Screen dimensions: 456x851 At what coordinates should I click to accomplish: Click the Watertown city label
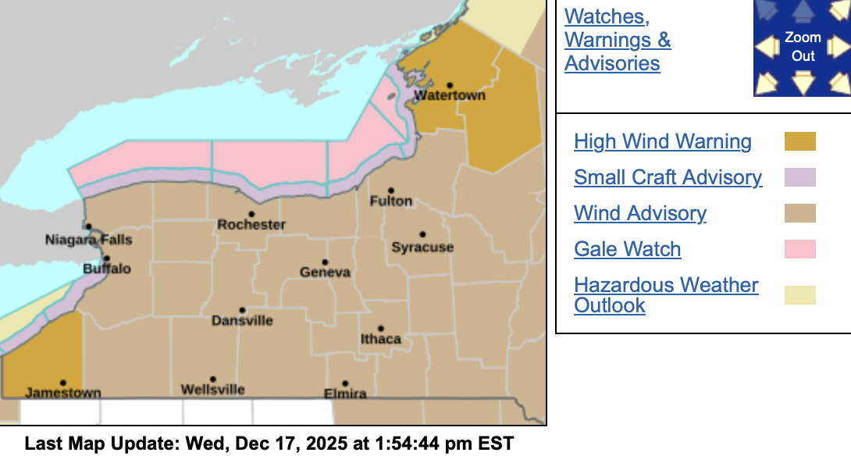click(x=449, y=95)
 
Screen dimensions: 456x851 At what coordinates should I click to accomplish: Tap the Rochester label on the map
click(x=251, y=225)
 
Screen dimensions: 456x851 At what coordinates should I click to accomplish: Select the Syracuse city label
click(x=422, y=248)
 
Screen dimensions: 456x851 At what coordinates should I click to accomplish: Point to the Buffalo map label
click(x=107, y=269)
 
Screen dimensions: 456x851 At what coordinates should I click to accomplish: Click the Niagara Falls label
click(x=88, y=240)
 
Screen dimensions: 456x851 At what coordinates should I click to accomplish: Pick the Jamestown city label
click(x=63, y=393)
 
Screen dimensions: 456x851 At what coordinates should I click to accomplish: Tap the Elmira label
click(x=344, y=394)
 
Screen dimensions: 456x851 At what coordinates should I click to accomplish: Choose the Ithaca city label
click(x=380, y=339)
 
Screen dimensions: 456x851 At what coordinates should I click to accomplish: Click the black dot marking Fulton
click(x=391, y=190)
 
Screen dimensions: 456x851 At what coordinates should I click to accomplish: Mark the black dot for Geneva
click(x=325, y=262)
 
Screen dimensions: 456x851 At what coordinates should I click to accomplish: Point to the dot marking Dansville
click(x=242, y=310)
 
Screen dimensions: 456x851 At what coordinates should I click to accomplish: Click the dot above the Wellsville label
click(x=212, y=379)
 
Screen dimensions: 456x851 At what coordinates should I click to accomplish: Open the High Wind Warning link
click(x=663, y=141)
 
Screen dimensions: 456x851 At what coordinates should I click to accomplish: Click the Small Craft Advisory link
click(x=668, y=177)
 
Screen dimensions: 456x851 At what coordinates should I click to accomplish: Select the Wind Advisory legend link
click(x=640, y=213)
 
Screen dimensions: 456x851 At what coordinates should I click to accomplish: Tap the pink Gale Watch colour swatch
click(x=799, y=249)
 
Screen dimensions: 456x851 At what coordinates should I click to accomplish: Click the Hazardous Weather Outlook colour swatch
click(x=799, y=295)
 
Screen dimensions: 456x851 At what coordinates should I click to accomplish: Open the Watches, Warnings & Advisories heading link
click(x=617, y=39)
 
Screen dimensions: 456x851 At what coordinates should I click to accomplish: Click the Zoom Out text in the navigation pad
click(x=803, y=47)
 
